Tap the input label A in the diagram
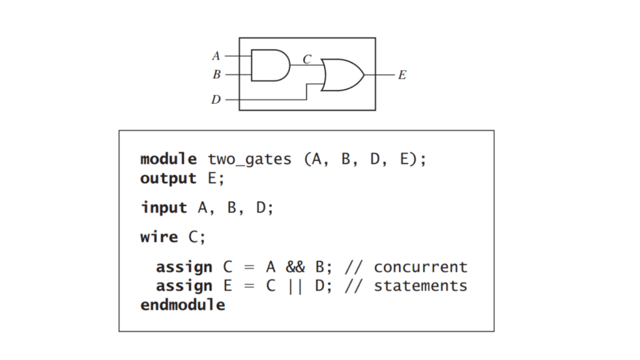[216, 56]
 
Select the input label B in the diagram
[216, 74]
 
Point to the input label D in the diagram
[216, 99]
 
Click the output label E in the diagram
[402, 75]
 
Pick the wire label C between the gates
[307, 59]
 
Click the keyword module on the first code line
[168, 159]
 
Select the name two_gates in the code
[249, 159]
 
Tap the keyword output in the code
[168, 178]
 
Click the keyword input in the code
[164, 207]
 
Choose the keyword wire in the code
[159, 237]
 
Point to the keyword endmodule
[182, 305]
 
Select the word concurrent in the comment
[421, 267]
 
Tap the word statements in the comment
[421, 286]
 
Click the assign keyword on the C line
[184, 267]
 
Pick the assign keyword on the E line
[184, 286]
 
